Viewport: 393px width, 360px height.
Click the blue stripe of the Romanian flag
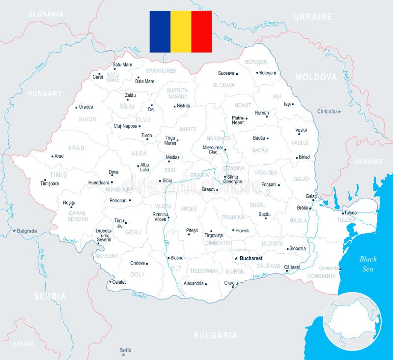pos(160,31)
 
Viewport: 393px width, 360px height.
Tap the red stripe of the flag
pos(201,31)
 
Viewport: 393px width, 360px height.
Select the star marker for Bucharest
pos(236,258)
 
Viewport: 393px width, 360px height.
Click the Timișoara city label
pos(50,183)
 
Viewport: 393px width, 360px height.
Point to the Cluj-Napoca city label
pos(125,126)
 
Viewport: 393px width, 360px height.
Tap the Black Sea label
pos(368,264)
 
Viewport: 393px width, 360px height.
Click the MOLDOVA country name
pos(316,77)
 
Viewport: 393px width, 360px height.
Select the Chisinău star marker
pos(339,112)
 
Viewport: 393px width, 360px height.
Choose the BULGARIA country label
pos(215,336)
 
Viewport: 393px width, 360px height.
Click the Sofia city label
pos(126,350)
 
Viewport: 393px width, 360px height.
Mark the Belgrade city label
pos(27,231)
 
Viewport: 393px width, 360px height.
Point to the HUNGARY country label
pos(45,93)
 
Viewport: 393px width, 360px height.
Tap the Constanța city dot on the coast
pos(340,269)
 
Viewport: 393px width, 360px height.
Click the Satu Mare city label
pos(122,64)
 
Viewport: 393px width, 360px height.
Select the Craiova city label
pos(138,263)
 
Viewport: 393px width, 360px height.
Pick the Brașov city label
pos(209,189)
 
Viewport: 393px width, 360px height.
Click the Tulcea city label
pos(350,212)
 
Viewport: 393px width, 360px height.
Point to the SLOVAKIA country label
pos(46,14)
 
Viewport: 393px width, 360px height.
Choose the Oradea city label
pos(86,107)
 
